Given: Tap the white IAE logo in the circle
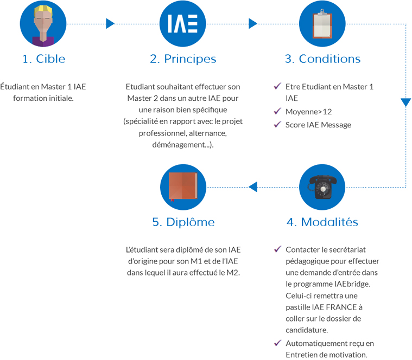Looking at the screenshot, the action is (x=182, y=24).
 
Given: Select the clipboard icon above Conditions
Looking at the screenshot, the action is (x=322, y=24).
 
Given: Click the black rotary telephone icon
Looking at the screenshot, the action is (x=322, y=187).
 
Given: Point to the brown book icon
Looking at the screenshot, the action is (x=183, y=187).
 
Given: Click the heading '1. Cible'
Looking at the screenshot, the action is (x=43, y=59).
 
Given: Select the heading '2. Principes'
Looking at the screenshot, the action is (x=183, y=59).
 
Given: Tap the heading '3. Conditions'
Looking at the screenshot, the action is (x=322, y=59).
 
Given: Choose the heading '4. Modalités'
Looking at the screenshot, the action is (x=322, y=222).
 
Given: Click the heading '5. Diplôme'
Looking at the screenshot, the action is (x=183, y=222).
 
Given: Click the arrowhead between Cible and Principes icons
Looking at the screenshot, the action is (x=110, y=24).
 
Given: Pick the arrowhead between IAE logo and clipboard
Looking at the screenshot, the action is (x=253, y=24).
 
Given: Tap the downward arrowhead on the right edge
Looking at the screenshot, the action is (x=406, y=102).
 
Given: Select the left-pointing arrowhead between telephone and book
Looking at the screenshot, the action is (x=253, y=187).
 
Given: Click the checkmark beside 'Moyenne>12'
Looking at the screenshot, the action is (x=277, y=111).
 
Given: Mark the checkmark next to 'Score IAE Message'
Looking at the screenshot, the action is (x=277, y=124).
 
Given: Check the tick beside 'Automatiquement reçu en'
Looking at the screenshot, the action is (x=277, y=343).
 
